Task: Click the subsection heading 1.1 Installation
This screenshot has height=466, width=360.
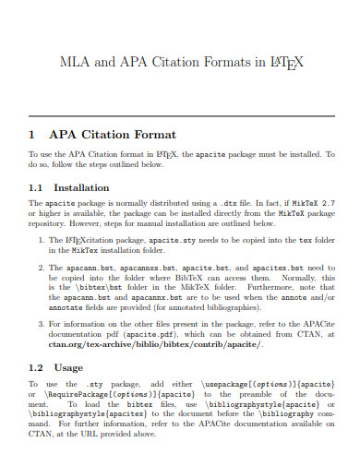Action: [69, 187]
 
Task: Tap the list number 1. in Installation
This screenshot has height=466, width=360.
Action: [42, 240]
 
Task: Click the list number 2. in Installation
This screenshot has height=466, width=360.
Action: [42, 267]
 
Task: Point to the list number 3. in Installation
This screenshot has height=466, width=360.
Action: [42, 324]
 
